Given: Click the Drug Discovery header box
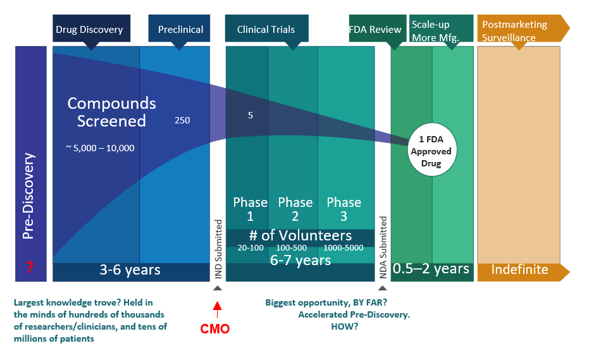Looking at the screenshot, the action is [91, 28].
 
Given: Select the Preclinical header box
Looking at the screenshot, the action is [179, 28].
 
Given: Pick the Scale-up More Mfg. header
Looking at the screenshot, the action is [441, 28].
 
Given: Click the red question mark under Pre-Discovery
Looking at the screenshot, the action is [30, 267].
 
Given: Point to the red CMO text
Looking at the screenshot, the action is [215, 329].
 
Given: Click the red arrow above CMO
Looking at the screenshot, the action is [217, 309].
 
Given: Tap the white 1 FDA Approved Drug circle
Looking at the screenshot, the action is [432, 149].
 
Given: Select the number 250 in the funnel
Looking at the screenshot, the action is [182, 120].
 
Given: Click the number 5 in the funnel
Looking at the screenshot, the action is [251, 115].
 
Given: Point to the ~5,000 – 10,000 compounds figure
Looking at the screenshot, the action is [101, 148].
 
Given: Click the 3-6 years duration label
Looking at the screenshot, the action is [130, 270].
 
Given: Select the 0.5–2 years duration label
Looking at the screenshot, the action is [431, 269].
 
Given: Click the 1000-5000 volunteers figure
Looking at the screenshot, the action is [344, 248].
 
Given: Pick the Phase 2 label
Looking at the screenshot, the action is [295, 209].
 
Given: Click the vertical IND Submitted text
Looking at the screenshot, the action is [218, 249].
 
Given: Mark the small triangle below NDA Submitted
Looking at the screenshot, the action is [382, 289].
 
